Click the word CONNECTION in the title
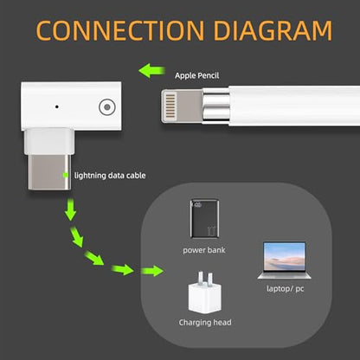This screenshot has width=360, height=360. tap(120, 30)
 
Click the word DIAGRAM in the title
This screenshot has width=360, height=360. tap(273, 30)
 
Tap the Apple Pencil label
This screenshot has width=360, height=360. tap(196, 76)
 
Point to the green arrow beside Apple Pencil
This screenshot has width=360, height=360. tap(151, 71)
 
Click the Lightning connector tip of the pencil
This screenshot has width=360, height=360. tap(182, 106)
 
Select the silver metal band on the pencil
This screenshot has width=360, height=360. tap(216, 106)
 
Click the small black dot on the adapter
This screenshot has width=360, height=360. tap(57, 106)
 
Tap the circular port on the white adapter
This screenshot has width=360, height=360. tap(107, 107)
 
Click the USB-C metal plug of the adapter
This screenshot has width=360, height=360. tap(49, 172)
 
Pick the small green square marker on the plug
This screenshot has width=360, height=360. tap(66, 175)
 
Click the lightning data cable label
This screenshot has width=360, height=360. tap(110, 176)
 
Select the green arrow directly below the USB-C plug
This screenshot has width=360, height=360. tap(70, 209)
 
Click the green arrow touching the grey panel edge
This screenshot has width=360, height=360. tap(152, 271)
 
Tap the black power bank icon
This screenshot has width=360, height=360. tap(204, 218)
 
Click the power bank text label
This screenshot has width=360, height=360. tap(204, 250)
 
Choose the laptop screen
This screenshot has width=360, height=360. tap(285, 256)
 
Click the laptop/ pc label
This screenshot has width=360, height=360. tap(285, 289)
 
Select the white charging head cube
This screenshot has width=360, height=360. tap(205, 299)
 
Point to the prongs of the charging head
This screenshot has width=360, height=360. tap(205, 278)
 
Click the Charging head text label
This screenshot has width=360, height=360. tap(205, 323)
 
